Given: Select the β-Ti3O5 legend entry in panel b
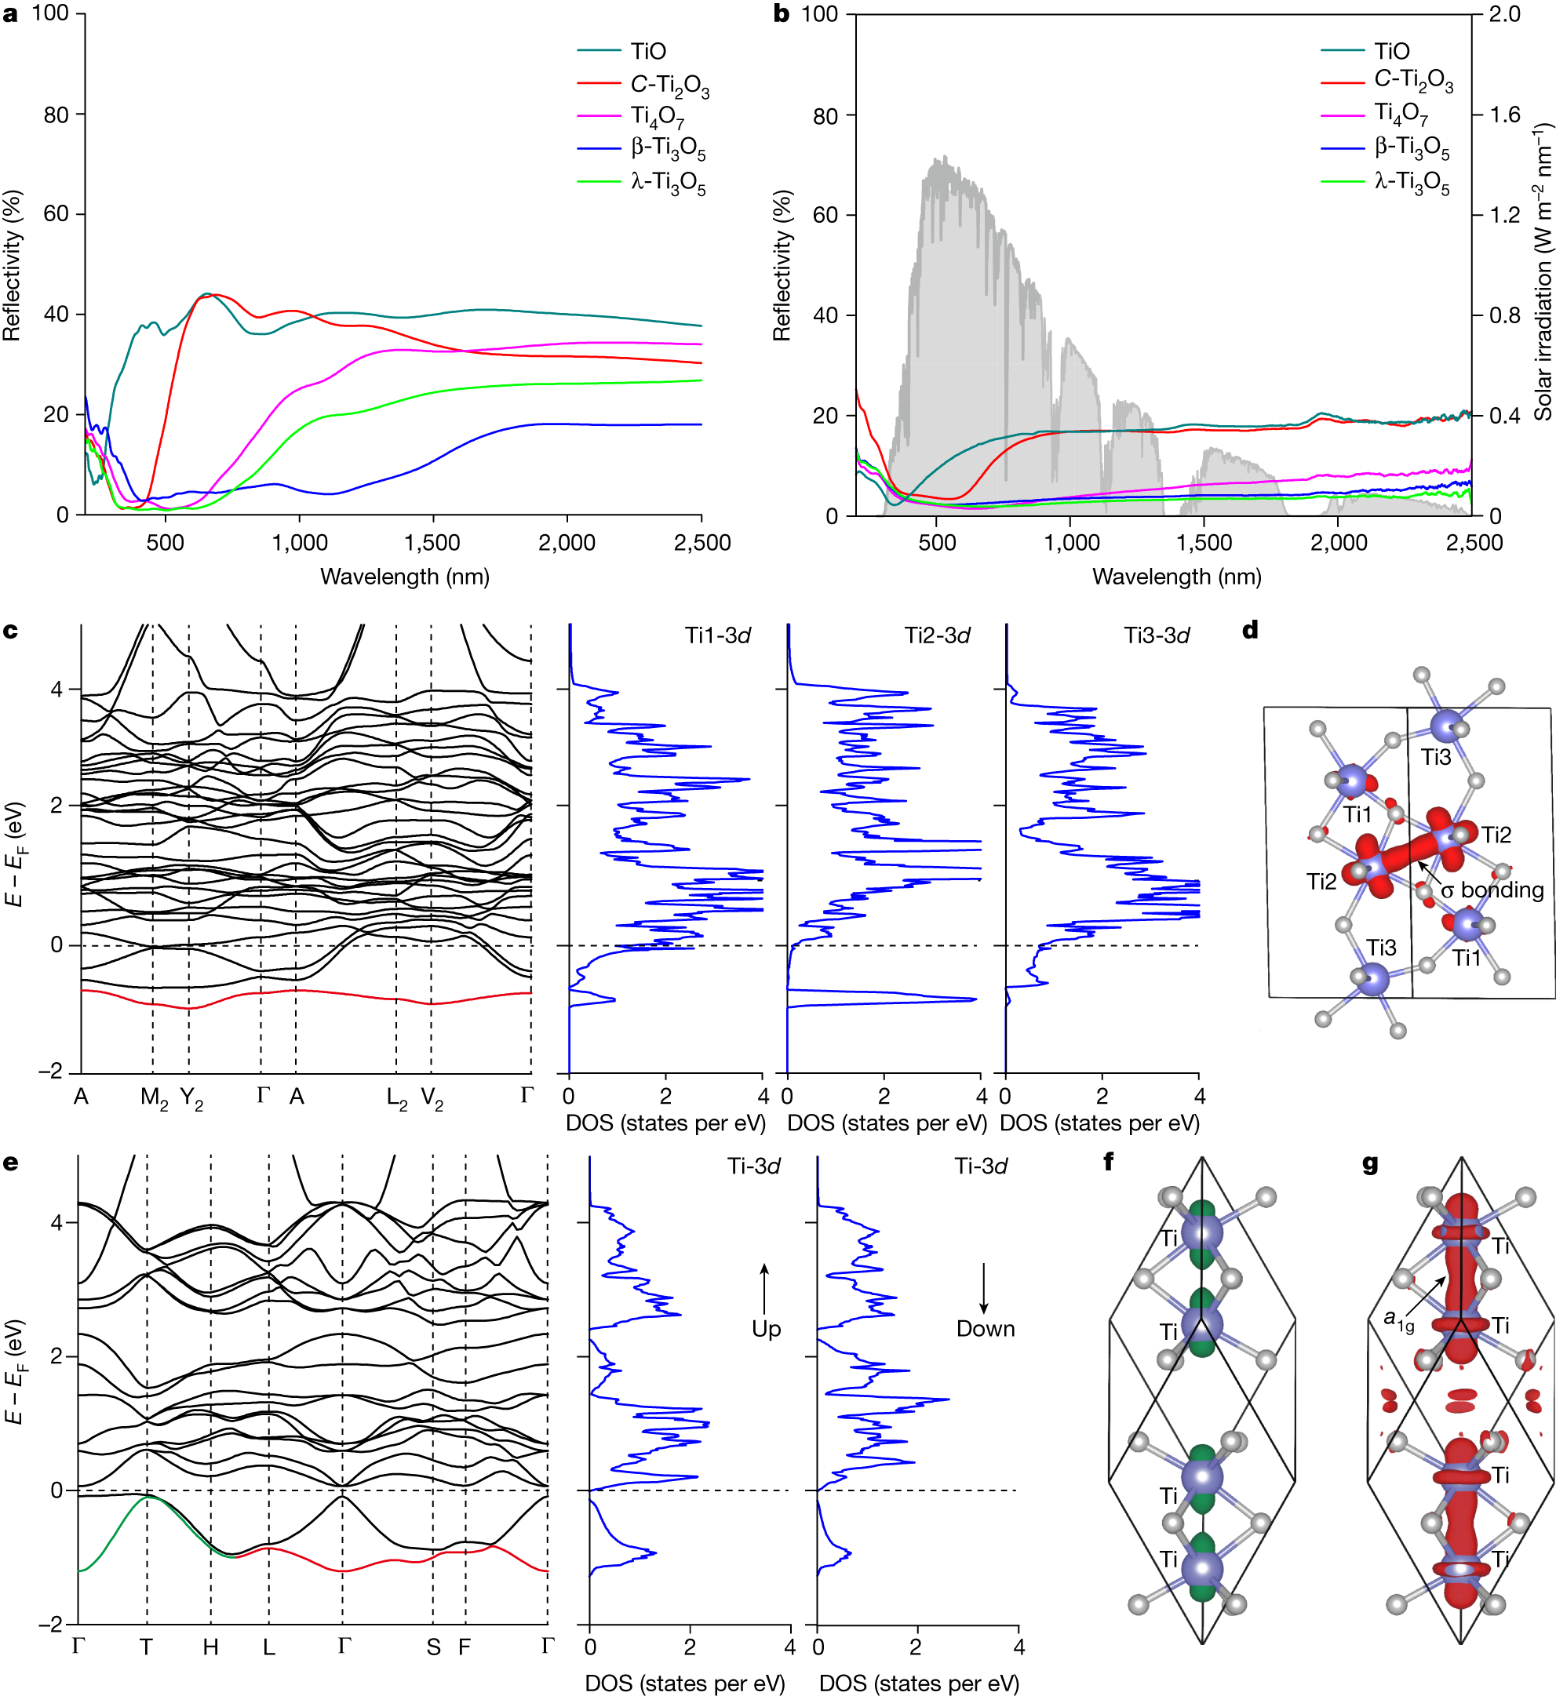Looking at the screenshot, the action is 1385,148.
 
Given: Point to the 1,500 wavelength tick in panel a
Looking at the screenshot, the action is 433,543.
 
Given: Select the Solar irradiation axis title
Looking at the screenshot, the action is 1542,273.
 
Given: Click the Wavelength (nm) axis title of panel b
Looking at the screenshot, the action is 1176,577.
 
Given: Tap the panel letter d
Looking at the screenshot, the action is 1250,630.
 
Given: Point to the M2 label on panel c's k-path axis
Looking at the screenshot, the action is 154,1097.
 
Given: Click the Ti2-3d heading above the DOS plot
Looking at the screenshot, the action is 937,635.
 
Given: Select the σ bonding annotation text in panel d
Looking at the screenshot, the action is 1491,890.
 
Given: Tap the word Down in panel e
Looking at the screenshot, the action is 985,1328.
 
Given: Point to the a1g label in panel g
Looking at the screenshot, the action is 1399,1319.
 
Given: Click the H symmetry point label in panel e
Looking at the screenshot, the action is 210,1647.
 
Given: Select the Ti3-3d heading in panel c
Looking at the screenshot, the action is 1157,635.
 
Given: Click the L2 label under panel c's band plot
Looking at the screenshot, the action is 397,1097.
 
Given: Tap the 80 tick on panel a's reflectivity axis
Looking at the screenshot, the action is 56,115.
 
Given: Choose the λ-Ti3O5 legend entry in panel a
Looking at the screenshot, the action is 642,183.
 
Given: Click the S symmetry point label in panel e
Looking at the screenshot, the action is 433,1647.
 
